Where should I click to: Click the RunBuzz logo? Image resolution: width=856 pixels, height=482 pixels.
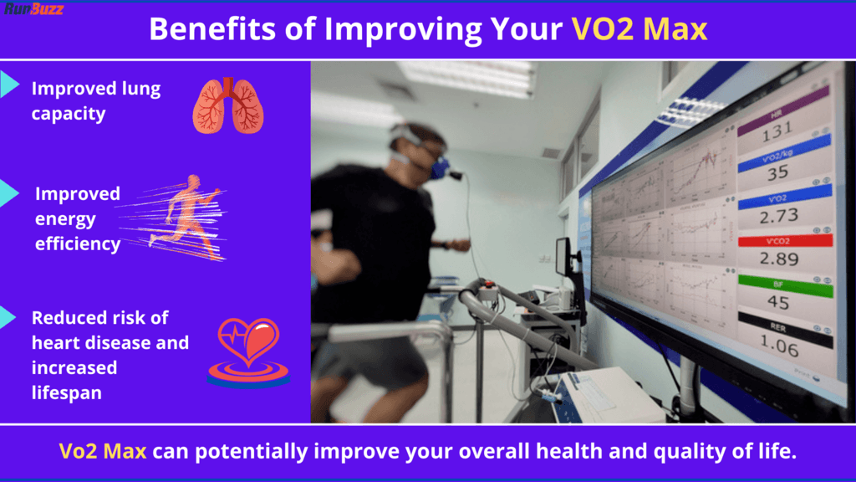[x=33, y=8]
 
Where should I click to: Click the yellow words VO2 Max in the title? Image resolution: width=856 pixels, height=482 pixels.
[x=639, y=29]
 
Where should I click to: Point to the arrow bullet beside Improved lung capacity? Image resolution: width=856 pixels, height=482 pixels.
[x=9, y=83]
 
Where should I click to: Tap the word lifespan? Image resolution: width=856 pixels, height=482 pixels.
[x=68, y=392]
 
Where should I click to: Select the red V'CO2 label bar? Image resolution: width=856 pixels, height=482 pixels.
[x=785, y=240]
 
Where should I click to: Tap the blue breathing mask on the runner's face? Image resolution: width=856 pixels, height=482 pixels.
[x=440, y=168]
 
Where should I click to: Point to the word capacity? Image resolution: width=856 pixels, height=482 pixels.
[x=69, y=114]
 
